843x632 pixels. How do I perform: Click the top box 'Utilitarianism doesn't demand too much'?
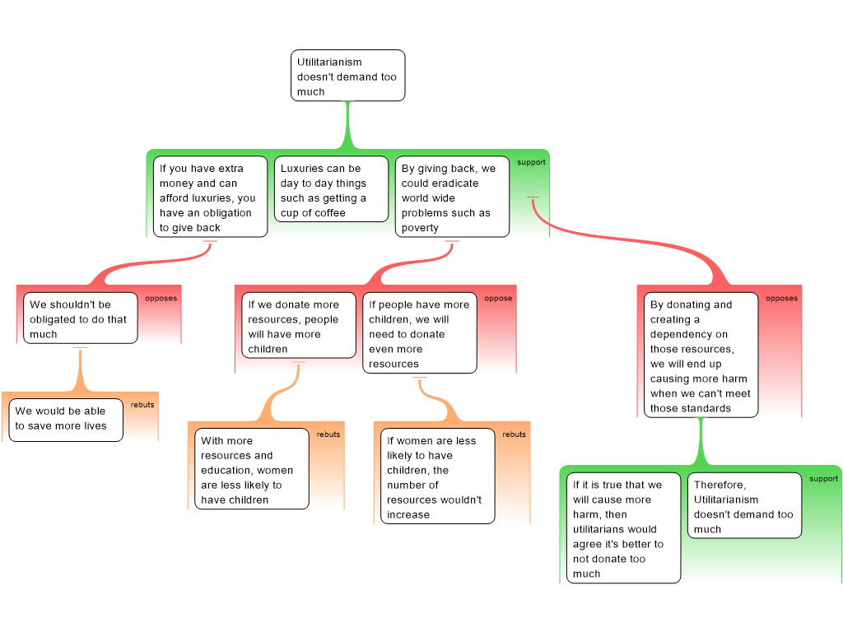click(347, 76)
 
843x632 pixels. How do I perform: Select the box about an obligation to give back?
click(210, 197)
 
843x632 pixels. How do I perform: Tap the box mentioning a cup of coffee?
click(330, 190)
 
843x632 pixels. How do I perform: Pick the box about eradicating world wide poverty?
click(451, 197)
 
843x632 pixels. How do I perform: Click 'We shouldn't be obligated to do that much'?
click(80, 318)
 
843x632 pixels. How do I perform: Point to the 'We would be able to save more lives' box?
click(65, 418)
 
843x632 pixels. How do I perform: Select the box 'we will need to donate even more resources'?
click(419, 333)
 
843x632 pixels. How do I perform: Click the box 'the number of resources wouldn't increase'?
click(437, 477)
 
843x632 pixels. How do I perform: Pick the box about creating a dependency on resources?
click(700, 355)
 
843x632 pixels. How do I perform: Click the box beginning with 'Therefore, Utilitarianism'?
click(744, 506)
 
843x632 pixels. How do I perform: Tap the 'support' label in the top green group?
click(531, 162)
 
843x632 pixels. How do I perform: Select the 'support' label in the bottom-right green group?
click(823, 479)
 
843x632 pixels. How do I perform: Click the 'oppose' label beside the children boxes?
click(498, 299)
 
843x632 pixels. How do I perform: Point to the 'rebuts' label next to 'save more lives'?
click(142, 405)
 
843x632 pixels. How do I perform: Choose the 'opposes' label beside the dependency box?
click(781, 299)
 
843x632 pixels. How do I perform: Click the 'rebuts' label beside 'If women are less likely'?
click(514, 434)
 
